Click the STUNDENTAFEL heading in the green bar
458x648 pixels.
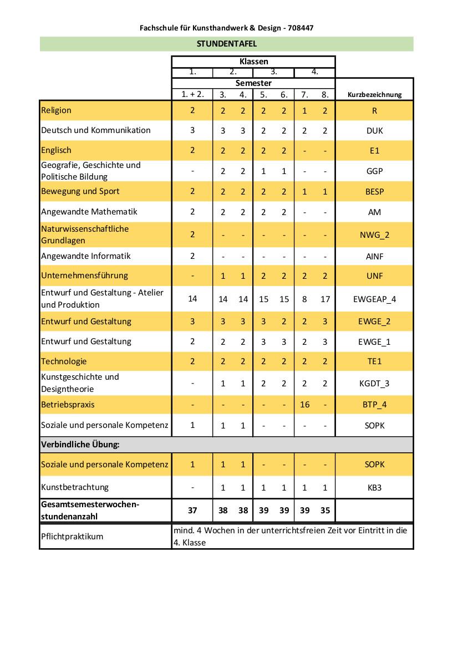[x=226, y=43]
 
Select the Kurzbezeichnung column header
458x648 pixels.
[x=374, y=95]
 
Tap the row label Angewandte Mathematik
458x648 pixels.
[x=89, y=211]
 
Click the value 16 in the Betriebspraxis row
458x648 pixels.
[x=304, y=404]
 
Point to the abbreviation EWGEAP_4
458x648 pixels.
[x=374, y=299]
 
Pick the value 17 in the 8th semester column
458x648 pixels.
[x=325, y=299]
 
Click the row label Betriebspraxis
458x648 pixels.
[x=68, y=404]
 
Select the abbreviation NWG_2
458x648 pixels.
[x=374, y=234]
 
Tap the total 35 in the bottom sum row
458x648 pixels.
[x=325, y=511]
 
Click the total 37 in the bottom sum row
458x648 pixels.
[x=192, y=511]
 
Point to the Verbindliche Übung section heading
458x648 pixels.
[x=80, y=445]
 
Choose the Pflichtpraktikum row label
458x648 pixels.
[x=72, y=537]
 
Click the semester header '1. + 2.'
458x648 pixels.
[x=192, y=94]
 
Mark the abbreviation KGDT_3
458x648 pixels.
[x=374, y=383]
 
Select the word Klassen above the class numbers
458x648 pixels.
[x=253, y=62]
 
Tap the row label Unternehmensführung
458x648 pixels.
[x=84, y=275]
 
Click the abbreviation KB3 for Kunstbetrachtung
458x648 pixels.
[x=374, y=488]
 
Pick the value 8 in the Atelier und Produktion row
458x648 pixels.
[x=304, y=299]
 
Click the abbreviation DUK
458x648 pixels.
[x=374, y=131]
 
